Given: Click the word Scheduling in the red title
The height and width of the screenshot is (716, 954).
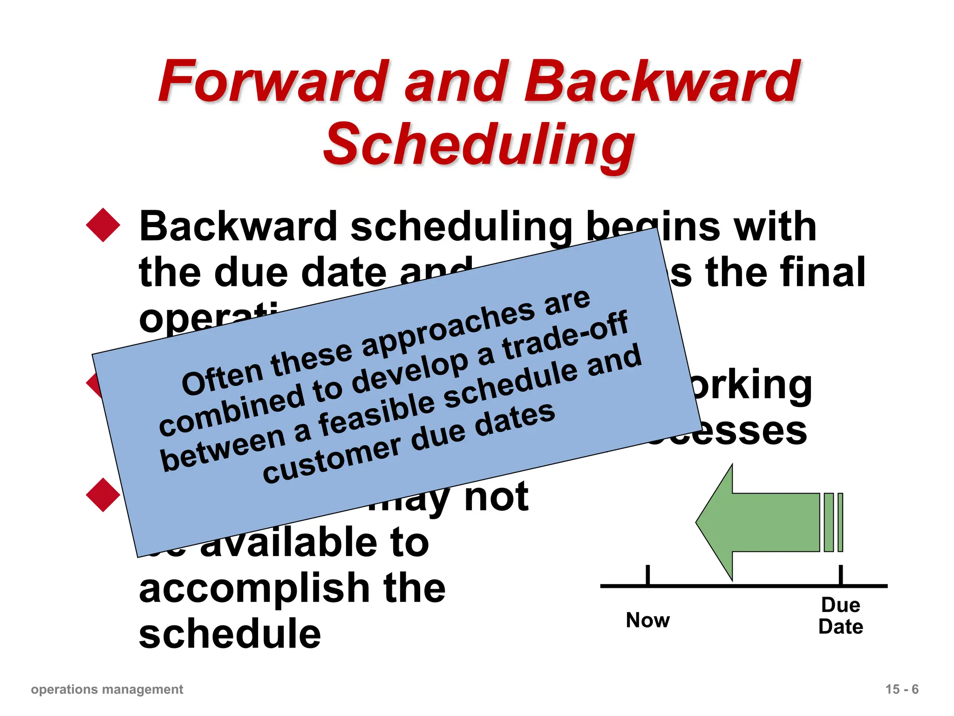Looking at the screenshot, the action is pos(478,145).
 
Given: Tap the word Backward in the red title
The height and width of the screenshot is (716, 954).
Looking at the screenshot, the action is pos(661,82).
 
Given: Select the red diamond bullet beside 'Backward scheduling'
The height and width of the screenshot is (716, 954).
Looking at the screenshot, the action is pos(103,225).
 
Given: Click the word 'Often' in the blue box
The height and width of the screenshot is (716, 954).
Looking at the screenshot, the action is pos(223,378).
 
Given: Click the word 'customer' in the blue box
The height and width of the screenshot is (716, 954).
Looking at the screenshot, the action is pos(331,459).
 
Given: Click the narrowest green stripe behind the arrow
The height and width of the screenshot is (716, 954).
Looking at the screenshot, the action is pos(840,522).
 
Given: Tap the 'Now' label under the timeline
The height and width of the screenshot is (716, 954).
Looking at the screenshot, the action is pos(647,620).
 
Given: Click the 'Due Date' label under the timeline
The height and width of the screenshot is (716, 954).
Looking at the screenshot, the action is pos(840,616).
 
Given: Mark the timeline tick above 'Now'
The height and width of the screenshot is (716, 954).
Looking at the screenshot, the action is pos(647,575).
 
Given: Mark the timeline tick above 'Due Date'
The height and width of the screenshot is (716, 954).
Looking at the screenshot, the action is pos(841,575).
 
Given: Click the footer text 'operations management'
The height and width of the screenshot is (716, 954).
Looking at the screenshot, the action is pos(107,689).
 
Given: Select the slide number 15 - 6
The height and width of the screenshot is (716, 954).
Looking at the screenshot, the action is pos(902,689).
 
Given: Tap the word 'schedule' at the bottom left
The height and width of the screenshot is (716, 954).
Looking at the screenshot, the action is pos(230,634).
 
